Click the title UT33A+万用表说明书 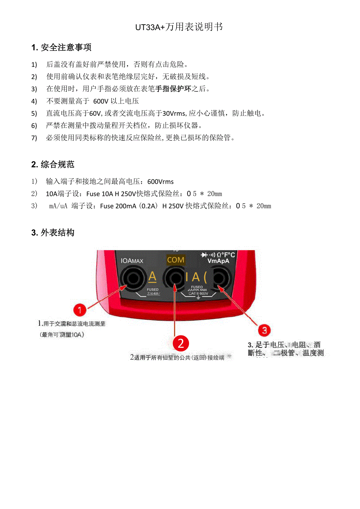click(179, 27)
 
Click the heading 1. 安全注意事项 click(61, 48)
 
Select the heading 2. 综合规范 click(53, 164)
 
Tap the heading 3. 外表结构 click(53, 233)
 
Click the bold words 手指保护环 click(173, 89)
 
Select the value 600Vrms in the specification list click(160, 181)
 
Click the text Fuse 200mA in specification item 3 click(118, 206)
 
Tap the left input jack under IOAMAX click(132, 279)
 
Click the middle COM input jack click(175, 279)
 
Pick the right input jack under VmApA click(219, 279)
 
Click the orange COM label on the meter click(175, 260)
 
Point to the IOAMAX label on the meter click(132, 261)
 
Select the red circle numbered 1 click(80, 310)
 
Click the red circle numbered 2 click(181, 343)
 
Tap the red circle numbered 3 click(265, 330)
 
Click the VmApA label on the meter click(218, 261)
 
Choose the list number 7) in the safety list click(34, 138)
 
